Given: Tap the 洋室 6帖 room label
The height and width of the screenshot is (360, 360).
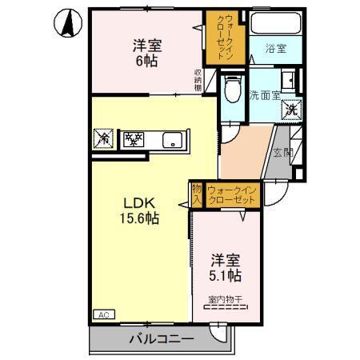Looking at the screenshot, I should (145, 54).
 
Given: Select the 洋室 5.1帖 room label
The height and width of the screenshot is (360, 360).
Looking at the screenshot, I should (226, 267).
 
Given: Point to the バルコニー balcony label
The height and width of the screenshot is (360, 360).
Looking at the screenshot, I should (161, 339).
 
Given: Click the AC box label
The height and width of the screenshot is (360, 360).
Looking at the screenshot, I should (103, 314).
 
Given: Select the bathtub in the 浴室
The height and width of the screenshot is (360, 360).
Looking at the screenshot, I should (274, 24).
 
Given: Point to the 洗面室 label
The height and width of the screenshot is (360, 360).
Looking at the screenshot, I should (263, 94).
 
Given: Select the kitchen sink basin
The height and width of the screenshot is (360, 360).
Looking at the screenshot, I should (174, 141).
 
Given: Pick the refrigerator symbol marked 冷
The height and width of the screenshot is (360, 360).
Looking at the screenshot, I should (103, 139).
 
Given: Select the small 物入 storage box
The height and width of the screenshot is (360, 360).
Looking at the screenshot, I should (196, 194).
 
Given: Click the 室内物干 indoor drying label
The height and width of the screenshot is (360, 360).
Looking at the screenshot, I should (227, 300).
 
